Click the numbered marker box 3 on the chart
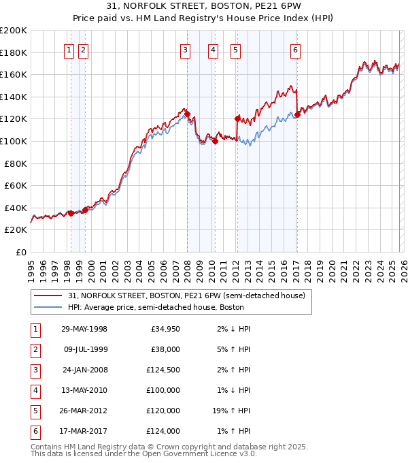[186, 49]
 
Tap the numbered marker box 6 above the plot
[296, 49]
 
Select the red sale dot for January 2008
[187, 114]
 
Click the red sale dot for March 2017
[297, 115]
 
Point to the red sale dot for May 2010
[214, 142]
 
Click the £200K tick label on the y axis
[14, 31]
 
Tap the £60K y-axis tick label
[16, 185]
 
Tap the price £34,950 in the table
[163, 329]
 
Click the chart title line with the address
[204, 5]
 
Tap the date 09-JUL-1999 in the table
[84, 350]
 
